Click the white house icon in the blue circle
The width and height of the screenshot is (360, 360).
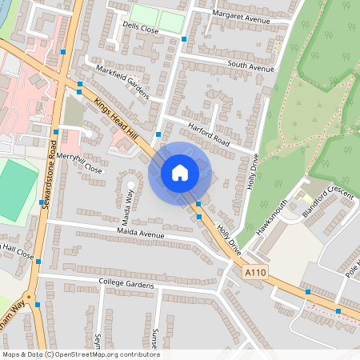(179, 172)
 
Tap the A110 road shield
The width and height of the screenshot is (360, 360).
(254, 274)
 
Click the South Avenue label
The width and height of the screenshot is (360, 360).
(250, 67)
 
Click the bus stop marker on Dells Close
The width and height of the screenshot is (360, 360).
(185, 38)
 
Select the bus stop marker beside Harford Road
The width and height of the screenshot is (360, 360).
(158, 134)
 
